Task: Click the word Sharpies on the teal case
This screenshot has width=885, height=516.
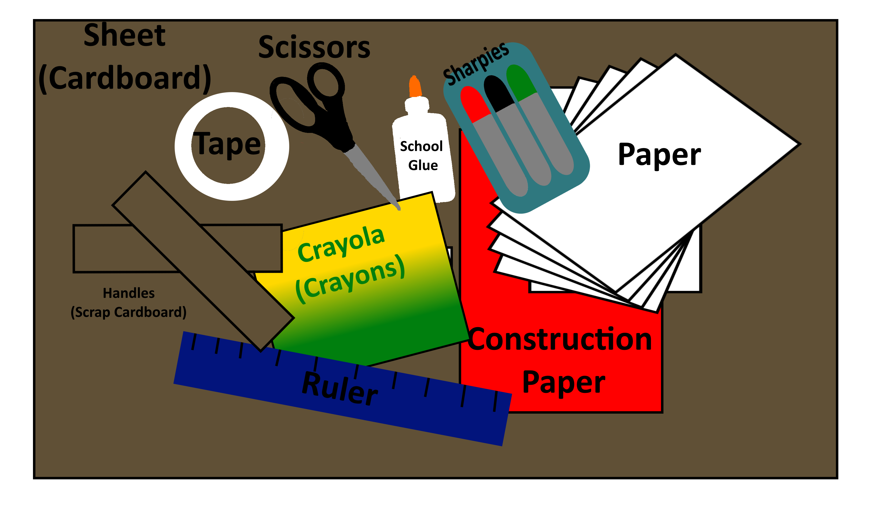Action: point(476,63)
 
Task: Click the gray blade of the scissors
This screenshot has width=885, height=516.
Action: point(372,176)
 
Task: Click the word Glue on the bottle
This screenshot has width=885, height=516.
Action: point(423,165)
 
